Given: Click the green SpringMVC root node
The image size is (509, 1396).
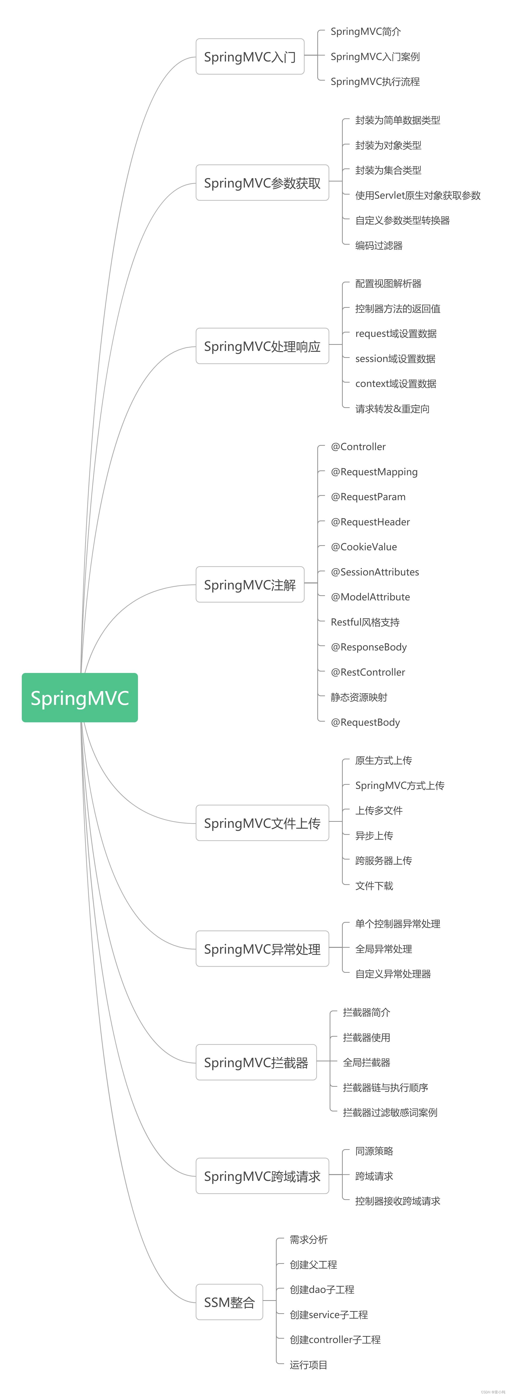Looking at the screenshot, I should pos(80,697).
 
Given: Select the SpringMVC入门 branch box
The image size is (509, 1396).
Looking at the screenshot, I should pos(250,56).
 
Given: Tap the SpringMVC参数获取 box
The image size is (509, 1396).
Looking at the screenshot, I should pos(262,183).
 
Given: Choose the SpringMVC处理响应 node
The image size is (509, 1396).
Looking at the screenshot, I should pos(262,346).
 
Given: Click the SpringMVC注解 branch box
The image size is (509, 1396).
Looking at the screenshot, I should pos(250,584).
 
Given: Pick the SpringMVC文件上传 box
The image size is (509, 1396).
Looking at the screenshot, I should pos(262,823).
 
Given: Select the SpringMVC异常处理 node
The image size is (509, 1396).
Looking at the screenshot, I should pos(262,948).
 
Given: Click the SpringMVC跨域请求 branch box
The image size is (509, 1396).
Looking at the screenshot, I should pos(262,1176).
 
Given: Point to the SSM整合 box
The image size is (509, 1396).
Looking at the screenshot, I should pos(229,1302).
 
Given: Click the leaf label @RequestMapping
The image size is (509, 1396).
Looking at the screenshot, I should pos(374,471).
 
